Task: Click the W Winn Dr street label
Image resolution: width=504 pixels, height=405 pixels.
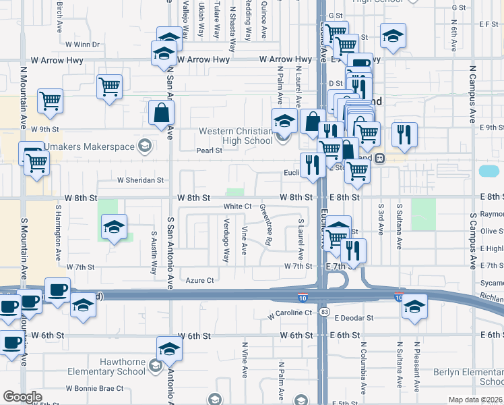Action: point(82,45)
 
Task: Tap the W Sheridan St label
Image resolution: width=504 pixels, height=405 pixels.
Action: point(141,180)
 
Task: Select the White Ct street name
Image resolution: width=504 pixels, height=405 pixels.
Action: point(237,206)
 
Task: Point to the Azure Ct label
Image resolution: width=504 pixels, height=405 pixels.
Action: point(199,280)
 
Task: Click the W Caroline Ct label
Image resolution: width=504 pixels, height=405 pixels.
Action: point(290,314)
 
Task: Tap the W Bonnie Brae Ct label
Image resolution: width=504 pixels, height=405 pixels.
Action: point(94,388)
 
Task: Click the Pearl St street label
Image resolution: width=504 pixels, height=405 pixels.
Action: point(209,151)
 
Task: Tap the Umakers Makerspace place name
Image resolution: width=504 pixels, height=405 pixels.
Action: point(90,145)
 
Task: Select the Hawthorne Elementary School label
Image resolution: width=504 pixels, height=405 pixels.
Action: point(113,367)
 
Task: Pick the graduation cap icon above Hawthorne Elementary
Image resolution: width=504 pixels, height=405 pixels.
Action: point(169,349)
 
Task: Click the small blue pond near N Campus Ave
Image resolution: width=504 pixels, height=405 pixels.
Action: point(488,171)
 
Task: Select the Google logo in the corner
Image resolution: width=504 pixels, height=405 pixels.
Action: point(22,396)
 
